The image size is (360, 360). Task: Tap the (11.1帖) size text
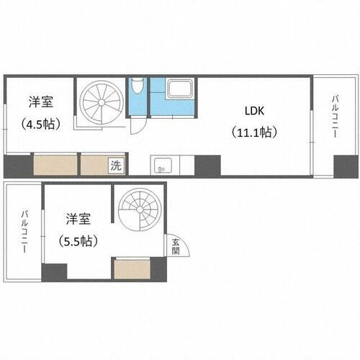pyautogui.click(x=253, y=132)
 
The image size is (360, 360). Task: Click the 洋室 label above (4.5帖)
pyautogui.click(x=40, y=102)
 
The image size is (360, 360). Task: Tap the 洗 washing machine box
pyautogui.click(x=116, y=165)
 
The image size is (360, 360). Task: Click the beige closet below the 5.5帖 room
pyautogui.click(x=131, y=270)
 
